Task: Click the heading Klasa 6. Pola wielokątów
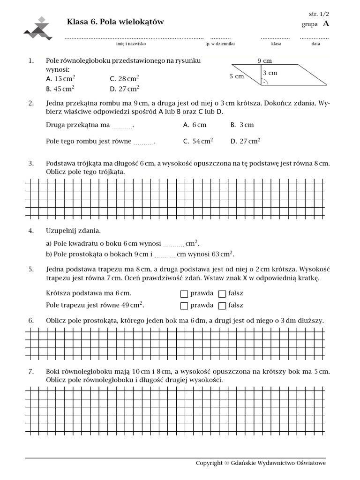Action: tap(116, 22)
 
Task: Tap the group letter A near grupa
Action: tap(326, 24)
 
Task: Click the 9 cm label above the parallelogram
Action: tap(264, 60)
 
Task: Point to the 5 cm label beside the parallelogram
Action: tap(237, 76)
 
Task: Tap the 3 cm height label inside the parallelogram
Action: tap(270, 73)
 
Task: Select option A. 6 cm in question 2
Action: tap(195, 125)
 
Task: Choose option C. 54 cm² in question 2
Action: tap(198, 141)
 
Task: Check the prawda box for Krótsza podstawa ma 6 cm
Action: tap(184, 294)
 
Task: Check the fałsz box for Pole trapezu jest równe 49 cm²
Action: tap(223, 306)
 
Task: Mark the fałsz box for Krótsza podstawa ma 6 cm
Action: tap(223, 294)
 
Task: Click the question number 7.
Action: tap(31, 372)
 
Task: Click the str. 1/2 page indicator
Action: tap(319, 15)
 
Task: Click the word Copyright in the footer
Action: tap(209, 463)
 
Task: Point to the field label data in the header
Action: tap(315, 44)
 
